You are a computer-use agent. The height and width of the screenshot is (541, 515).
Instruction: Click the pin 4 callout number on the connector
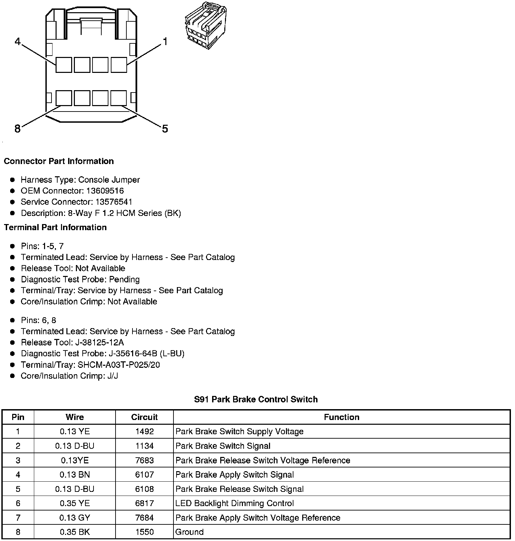pyautogui.click(x=18, y=42)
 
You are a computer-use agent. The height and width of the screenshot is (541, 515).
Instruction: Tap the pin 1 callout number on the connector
pyautogui.click(x=165, y=42)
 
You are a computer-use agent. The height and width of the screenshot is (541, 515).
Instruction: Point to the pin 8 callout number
pyautogui.click(x=18, y=129)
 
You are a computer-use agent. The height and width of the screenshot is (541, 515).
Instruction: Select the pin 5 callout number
pyautogui.click(x=165, y=129)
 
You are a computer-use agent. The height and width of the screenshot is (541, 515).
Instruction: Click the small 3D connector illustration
pyautogui.click(x=205, y=26)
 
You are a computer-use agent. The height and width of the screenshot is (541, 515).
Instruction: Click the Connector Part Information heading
pyautogui.click(x=59, y=161)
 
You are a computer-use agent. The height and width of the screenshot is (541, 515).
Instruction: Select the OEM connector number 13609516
pyautogui.click(x=105, y=191)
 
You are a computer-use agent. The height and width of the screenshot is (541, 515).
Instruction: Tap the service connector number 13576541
pyautogui.click(x=114, y=202)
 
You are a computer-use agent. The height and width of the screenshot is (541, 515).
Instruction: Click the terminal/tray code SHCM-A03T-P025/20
pyautogui.click(x=119, y=365)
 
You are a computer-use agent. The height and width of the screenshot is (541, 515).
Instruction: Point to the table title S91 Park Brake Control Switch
pyautogui.click(x=256, y=399)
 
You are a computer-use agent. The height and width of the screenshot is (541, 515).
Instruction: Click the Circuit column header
pyautogui.click(x=144, y=417)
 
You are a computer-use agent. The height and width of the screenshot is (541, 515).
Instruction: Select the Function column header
pyautogui.click(x=342, y=417)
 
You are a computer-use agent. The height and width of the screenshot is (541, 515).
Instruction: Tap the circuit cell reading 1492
pyautogui.click(x=144, y=432)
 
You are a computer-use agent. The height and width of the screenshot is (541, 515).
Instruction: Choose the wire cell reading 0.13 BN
pyautogui.click(x=75, y=475)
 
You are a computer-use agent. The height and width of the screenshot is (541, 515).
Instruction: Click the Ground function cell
pyautogui.click(x=189, y=532)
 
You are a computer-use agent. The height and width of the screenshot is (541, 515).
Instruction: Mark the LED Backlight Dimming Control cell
pyautogui.click(x=234, y=503)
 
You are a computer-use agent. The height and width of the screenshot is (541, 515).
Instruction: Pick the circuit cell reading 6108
pyautogui.click(x=144, y=489)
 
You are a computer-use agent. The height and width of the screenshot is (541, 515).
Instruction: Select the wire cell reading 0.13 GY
pyautogui.click(x=75, y=518)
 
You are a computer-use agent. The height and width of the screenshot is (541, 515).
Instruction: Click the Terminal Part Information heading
pyautogui.click(x=55, y=227)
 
